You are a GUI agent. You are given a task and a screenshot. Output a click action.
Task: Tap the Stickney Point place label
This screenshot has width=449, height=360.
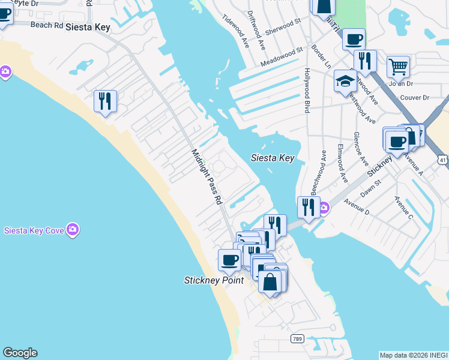(x=214, y=280)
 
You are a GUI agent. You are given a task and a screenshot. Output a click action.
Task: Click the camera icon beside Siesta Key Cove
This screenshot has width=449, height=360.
(x=73, y=230)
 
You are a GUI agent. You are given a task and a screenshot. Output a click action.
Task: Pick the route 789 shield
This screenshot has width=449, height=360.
(x=297, y=339)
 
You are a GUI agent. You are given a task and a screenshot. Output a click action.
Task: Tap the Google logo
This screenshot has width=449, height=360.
(x=20, y=353)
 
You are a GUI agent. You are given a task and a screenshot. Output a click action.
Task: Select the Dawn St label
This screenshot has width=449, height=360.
(x=371, y=191)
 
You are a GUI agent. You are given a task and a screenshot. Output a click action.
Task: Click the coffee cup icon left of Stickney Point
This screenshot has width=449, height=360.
(x=229, y=260)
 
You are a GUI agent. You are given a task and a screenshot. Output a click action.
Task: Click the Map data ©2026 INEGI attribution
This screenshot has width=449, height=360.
(x=414, y=355)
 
